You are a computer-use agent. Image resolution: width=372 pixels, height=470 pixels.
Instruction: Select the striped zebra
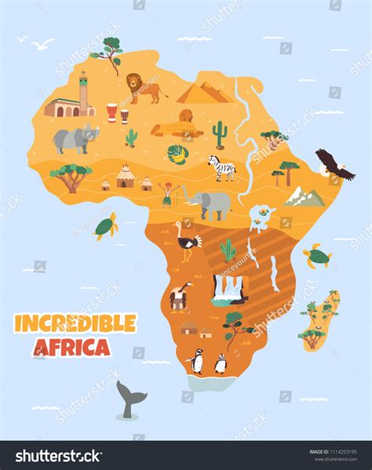[x=221, y=166]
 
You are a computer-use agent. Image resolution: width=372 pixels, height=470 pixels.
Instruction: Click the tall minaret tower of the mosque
[x=84, y=93]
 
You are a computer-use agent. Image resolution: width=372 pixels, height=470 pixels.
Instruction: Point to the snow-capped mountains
[x=305, y=196]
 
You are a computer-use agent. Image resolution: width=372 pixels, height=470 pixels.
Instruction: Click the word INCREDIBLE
[x=75, y=323]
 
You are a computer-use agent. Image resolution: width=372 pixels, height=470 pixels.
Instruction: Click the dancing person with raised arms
[x=166, y=193]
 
